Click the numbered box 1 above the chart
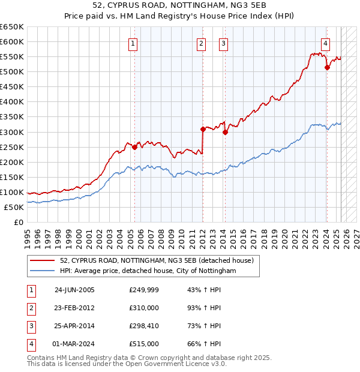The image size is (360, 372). point(132,43)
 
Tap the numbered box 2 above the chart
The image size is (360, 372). point(200,43)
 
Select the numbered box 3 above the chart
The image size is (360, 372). point(223,43)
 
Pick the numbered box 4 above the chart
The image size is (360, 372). point(325,43)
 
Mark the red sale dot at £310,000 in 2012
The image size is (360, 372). point(203,128)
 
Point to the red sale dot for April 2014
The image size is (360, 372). point(225,132)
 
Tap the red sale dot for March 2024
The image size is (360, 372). point(327,67)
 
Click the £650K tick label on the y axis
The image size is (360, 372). point(11,27)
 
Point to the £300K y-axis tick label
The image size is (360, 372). point(11,132)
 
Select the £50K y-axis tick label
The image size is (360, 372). point(14,207)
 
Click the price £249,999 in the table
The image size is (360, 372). point(143,290)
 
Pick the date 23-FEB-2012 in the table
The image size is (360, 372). point(74,308)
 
